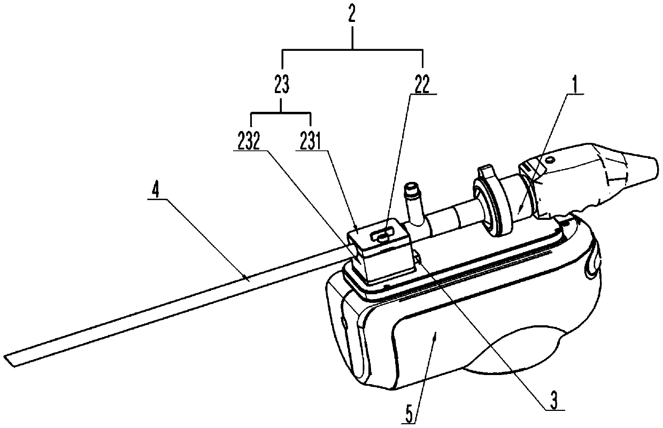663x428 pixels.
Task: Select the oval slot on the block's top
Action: tap(381, 235)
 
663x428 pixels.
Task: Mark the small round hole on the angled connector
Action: tap(551, 159)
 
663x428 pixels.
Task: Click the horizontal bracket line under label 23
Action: tap(281, 113)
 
